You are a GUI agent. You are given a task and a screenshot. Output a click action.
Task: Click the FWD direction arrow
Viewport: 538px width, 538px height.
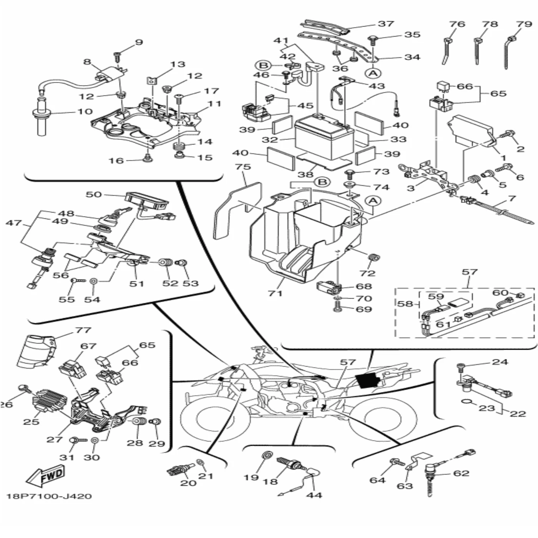45,477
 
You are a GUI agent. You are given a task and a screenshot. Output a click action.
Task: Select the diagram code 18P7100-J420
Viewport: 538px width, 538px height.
49,496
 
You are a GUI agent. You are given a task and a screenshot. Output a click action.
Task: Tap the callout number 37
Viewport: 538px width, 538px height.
386,24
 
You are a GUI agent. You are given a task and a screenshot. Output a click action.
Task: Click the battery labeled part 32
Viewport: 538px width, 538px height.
324,138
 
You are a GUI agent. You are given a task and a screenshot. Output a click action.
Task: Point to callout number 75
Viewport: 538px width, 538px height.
242,167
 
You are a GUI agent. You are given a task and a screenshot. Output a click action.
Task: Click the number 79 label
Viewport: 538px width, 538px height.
524,24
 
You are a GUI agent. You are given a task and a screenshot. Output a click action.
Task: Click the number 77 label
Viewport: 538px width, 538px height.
83,330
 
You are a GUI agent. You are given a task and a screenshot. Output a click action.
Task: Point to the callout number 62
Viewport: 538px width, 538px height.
461,473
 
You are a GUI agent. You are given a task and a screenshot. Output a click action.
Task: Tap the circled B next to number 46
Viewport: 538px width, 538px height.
264,65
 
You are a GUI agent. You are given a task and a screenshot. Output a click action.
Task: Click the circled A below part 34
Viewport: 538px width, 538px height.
373,73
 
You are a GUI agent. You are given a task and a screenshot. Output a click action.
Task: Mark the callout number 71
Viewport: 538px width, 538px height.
275,293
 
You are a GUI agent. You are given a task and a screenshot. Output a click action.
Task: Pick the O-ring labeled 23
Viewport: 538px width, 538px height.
466,402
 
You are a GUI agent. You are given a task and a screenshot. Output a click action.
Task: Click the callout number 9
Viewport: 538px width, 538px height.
139,42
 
